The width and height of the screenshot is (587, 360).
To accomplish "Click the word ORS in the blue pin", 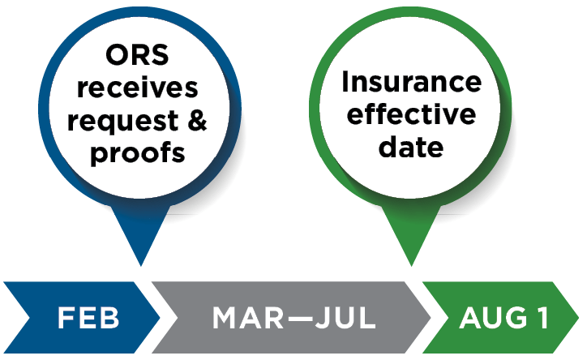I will [x=138, y=58].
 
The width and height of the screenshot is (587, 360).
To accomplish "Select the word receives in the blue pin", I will [x=138, y=89].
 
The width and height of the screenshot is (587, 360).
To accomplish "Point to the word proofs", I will [x=138, y=153].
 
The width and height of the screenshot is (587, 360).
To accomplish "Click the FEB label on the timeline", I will [x=88, y=319].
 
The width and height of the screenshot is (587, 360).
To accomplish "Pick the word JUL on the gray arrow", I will [x=344, y=319].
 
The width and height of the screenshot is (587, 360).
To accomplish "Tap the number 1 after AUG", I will [x=540, y=319].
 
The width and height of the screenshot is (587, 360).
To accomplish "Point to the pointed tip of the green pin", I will [x=413, y=264].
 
